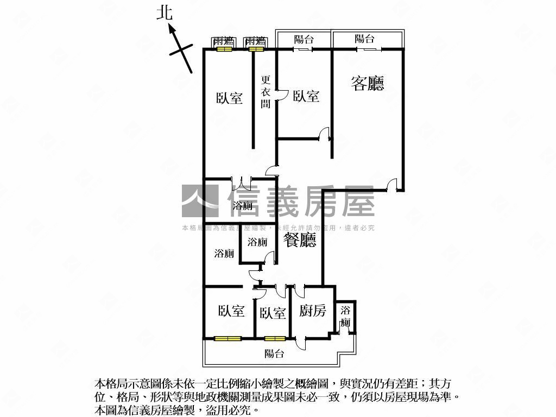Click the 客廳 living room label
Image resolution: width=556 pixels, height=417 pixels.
tap(368, 83)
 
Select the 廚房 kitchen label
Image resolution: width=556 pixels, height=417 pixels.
tap(313, 311)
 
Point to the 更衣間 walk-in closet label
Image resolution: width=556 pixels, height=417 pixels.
tap(266, 91)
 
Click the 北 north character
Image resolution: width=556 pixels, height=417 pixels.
tap(165, 14)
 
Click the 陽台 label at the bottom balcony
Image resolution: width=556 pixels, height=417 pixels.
tap(274, 354)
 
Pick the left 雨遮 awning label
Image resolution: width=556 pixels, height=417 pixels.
tap(223, 41)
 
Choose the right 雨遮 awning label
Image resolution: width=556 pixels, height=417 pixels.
tap(255, 41)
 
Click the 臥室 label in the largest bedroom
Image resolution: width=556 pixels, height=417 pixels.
tap(229, 98)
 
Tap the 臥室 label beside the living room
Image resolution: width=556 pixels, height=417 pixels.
tap(306, 96)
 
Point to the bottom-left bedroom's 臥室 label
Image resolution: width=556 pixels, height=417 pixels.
tap(231, 311)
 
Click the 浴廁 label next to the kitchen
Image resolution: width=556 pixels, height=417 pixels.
tap(345, 317)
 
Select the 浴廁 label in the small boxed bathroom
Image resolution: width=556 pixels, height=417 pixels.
tap(257, 243)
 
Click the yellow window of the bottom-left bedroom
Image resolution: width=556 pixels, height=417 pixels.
tap(228, 339)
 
